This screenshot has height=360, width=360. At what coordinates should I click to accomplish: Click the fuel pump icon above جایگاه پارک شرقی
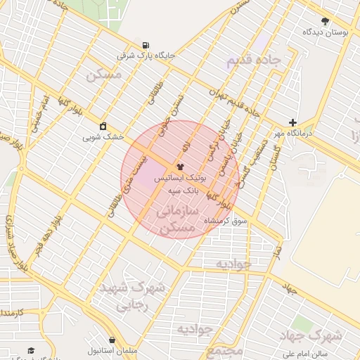[145, 44]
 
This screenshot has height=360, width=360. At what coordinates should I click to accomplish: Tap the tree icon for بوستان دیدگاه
[324, 21]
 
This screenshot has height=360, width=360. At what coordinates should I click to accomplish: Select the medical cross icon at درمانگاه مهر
[292, 122]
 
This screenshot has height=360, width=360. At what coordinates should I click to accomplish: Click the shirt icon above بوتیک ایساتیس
[180, 167]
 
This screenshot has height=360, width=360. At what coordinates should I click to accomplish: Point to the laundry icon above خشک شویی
[103, 126]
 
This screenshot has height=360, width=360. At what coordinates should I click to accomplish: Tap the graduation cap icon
[30, 349]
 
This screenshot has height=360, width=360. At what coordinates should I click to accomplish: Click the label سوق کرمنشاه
[226, 221]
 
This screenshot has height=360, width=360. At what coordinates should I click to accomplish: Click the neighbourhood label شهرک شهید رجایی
[141, 296]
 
